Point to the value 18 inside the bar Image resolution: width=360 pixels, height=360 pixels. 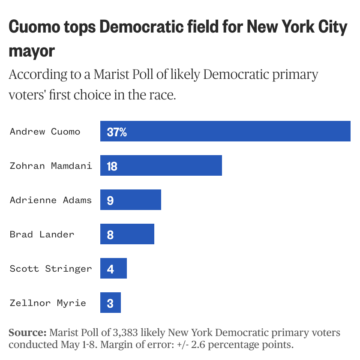click(112, 166)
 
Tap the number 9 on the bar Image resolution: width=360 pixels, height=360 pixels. click(110, 201)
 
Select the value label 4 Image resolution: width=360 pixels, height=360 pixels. click(110, 269)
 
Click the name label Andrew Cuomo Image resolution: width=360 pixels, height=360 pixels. click(45, 131)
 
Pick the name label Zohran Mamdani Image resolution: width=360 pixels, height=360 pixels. click(51, 165)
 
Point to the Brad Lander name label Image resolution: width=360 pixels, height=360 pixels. click(42, 234)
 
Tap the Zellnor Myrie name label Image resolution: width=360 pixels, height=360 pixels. click(48, 303)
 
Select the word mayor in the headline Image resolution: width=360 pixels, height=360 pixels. click(32, 51)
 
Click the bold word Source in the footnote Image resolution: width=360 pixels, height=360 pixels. click(27, 333)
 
